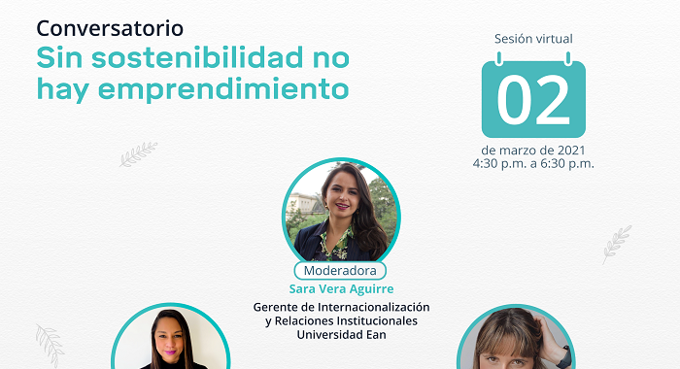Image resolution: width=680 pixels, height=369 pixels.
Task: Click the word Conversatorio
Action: coord(110,28)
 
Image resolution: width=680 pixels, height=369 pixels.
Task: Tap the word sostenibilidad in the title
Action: coord(197,57)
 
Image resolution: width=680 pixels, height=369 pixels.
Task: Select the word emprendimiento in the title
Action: coord(223,89)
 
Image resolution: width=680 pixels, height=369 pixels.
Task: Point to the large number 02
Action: coord(533,100)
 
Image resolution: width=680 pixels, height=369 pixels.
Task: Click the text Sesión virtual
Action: coord(533,39)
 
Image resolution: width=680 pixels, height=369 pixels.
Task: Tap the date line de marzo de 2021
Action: coord(533,151)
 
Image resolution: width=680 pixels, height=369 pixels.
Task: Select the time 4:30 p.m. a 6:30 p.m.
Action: coord(533,164)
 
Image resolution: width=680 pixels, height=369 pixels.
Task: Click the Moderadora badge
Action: coord(340,271)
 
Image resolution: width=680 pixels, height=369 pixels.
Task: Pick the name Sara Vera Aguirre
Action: coord(341,288)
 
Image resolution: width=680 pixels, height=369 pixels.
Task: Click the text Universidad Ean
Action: coord(341,335)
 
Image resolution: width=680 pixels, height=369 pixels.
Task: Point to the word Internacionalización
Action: coord(373,307)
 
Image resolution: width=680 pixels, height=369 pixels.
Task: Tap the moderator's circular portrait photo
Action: coord(341,213)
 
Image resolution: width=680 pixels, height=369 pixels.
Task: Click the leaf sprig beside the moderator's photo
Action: coord(138,154)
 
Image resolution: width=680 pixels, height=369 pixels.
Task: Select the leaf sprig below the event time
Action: coord(616,244)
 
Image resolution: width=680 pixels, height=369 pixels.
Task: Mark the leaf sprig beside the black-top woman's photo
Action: coord(50,346)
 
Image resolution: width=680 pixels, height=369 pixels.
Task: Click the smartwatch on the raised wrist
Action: coord(564,356)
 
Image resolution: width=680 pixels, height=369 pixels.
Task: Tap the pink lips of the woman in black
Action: coord(170,352)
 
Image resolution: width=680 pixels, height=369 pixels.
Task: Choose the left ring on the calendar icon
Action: coord(499,58)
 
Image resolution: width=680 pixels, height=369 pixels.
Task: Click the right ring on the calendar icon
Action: coord(567,58)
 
